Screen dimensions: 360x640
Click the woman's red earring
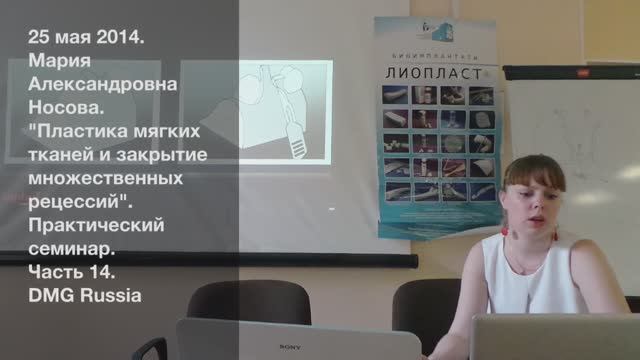click(506, 228)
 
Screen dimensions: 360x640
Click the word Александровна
click(103, 85)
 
